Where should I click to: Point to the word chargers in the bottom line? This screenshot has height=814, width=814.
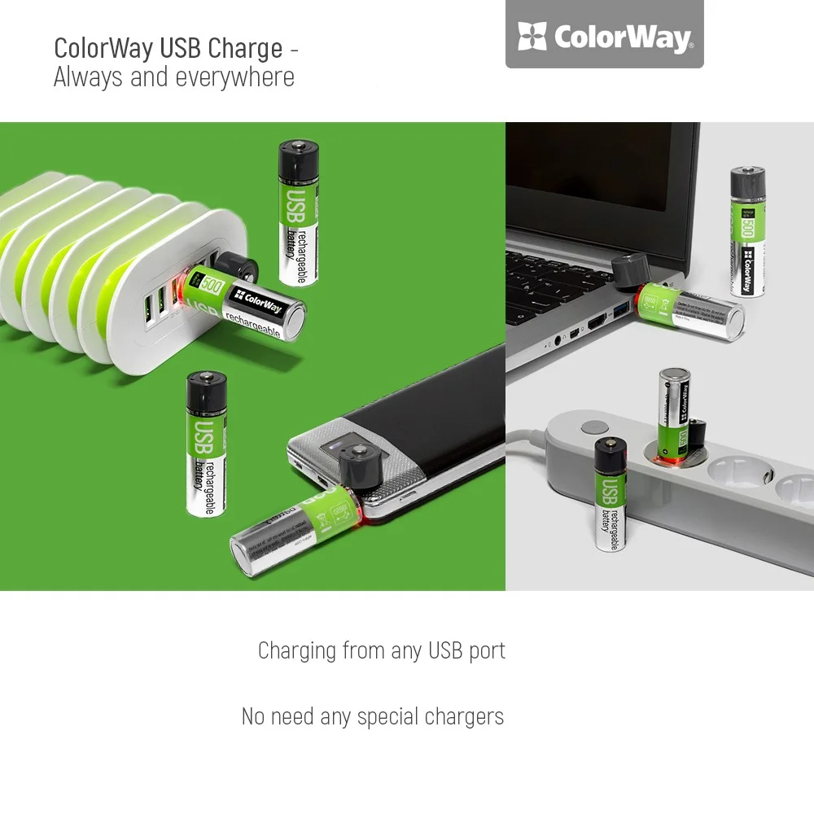coord(465,717)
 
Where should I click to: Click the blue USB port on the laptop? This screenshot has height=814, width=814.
coord(623,309)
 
